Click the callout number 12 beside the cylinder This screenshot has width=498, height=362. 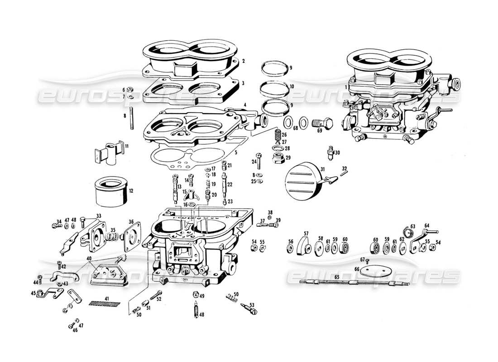pyautogui.click(x=131, y=191)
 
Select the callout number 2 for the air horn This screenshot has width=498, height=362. pyautogui.click(x=243, y=61)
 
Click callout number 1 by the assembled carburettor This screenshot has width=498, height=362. pyautogui.click(x=346, y=86)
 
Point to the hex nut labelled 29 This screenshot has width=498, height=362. pyautogui.click(x=278, y=159)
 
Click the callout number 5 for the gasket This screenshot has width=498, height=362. pyautogui.click(x=235, y=152)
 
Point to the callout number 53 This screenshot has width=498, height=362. pyautogui.click(x=252, y=304)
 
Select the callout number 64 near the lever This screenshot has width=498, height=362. pyautogui.click(x=426, y=225)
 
